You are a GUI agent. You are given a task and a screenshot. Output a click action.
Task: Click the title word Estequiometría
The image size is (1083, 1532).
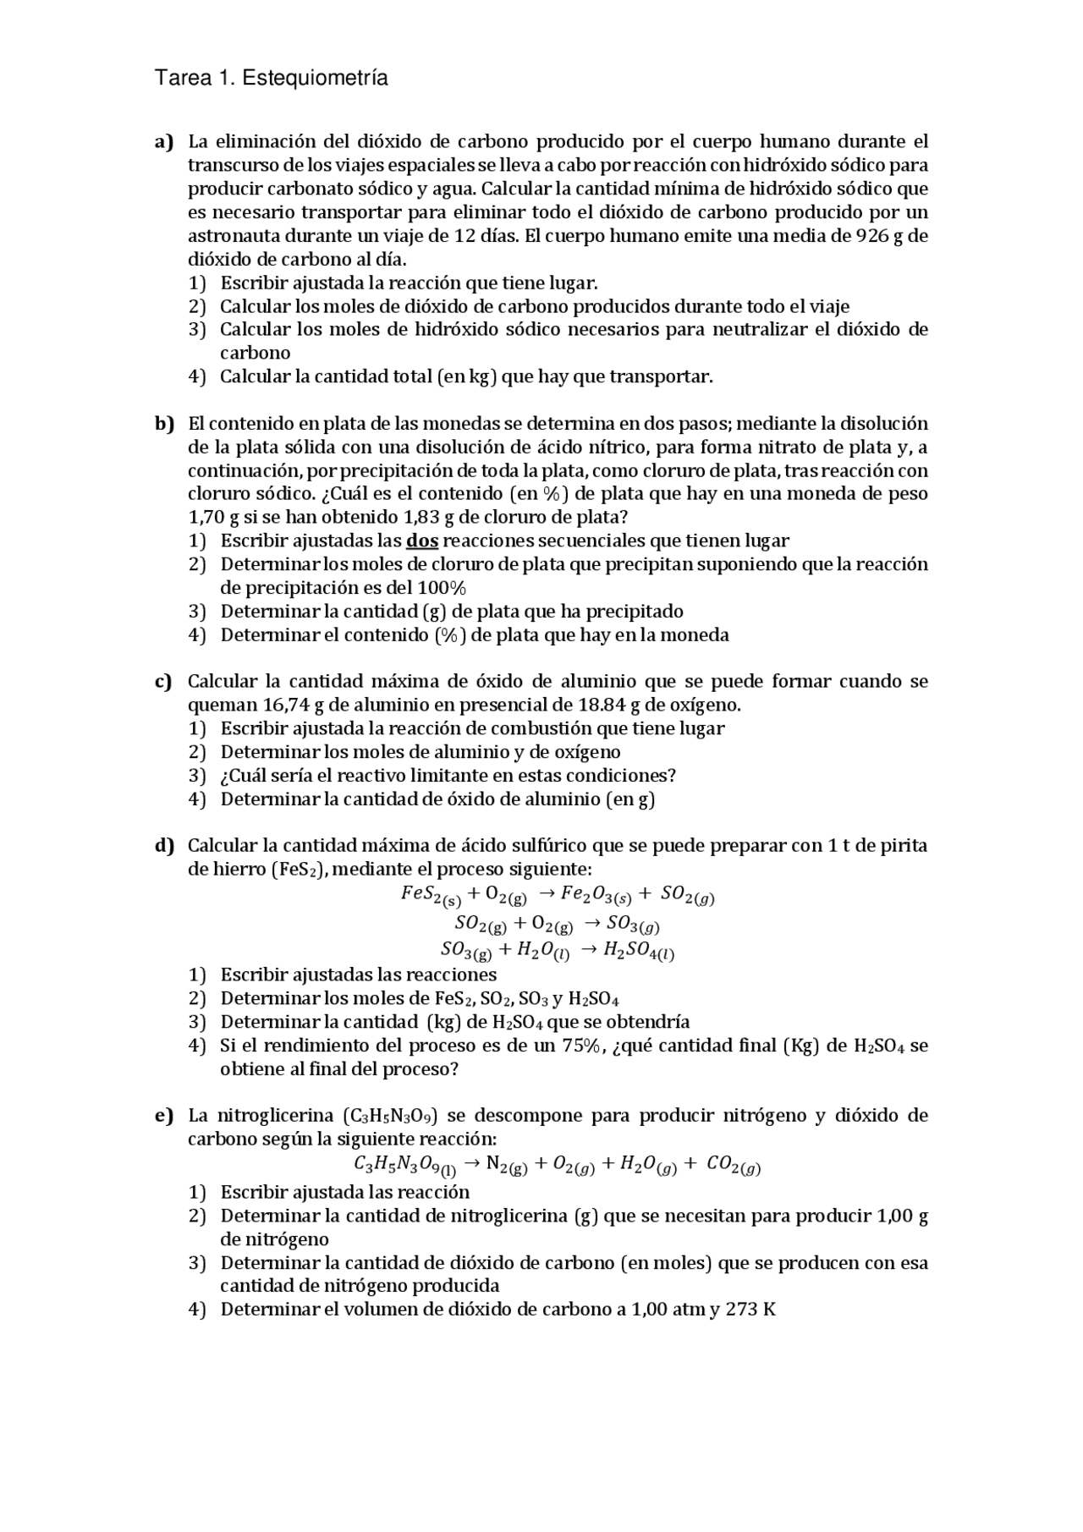click(315, 79)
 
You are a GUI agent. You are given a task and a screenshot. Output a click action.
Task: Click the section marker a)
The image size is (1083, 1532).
click(163, 141)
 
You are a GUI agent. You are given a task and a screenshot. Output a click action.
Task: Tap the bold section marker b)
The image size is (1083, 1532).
click(163, 424)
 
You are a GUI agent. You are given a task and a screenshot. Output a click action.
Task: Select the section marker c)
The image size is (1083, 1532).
click(163, 682)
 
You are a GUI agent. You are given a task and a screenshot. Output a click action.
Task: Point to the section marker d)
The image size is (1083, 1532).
click(163, 846)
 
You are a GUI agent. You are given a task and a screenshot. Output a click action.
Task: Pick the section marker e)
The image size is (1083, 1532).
click(163, 1116)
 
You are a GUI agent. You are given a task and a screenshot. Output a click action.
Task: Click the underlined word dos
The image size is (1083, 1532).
click(422, 541)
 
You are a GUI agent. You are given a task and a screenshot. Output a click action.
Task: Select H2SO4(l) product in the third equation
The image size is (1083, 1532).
click(639, 952)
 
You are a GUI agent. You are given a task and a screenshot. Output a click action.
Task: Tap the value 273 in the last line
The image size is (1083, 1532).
click(742, 1310)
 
